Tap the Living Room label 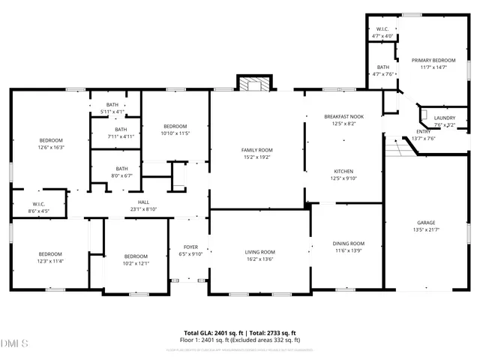tap(259, 256)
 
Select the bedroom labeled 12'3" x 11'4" tap(50, 257)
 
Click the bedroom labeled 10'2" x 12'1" tap(136, 259)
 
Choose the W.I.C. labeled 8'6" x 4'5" tap(39, 208)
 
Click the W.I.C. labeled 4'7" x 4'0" tap(382, 32)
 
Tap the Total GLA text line tap(240, 332)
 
